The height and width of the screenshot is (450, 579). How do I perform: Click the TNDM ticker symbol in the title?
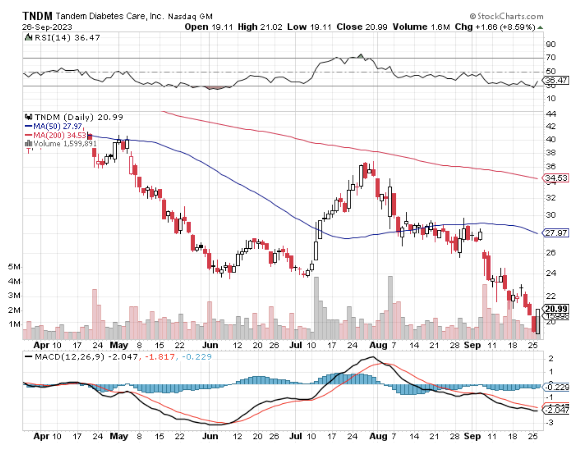[37, 16]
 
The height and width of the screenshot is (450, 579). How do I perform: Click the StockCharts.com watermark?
[506, 16]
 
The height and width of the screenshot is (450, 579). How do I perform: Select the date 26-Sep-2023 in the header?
[47, 27]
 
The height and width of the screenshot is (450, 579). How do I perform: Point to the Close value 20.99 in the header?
[376, 27]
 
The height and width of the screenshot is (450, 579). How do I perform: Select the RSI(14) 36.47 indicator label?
[67, 38]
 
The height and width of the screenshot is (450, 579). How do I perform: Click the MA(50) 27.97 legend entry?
[57, 126]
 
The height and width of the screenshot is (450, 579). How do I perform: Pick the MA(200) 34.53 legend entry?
[59, 135]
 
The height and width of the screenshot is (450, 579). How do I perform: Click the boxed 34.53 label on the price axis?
[556, 178]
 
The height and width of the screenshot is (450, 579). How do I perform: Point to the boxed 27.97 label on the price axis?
[556, 233]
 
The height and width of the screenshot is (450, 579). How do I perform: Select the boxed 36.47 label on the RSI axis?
[556, 80]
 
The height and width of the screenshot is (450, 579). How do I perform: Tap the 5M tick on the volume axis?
[14, 267]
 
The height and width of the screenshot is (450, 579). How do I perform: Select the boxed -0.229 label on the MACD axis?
[556, 387]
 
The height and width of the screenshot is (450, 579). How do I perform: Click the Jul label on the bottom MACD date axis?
[295, 436]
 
